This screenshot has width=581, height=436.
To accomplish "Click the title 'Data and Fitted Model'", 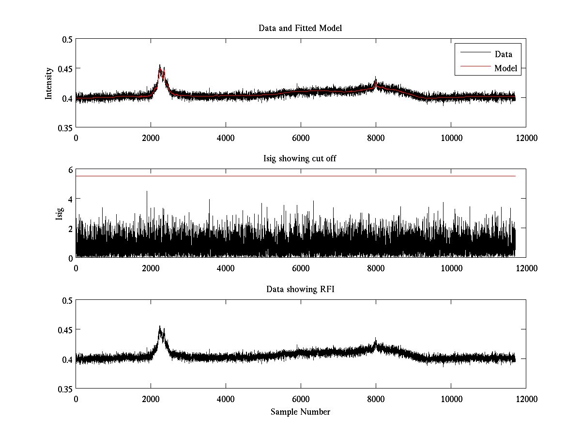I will (300, 28).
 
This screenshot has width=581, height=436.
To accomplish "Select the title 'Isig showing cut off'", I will (300, 159).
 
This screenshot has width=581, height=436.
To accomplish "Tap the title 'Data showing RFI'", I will (300, 289).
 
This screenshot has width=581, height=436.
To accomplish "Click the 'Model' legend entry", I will (505, 68).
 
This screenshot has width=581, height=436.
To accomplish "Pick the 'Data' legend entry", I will (503, 54).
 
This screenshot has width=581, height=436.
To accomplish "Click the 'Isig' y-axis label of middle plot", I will (59, 214).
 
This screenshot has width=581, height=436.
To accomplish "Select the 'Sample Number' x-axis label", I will (300, 412).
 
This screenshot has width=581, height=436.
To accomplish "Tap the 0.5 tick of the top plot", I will (67, 40).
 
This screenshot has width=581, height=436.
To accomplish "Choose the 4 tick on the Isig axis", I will (70, 199).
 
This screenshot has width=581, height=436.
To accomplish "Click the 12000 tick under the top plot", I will (526, 138).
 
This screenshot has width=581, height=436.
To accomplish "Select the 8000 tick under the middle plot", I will (376, 268).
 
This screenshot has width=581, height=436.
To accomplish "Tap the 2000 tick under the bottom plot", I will (151, 399).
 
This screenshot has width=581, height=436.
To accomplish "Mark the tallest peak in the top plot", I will (160, 65).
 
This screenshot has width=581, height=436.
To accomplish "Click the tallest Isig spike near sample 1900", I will (147, 191).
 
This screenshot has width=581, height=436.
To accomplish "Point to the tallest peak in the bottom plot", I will (160, 327).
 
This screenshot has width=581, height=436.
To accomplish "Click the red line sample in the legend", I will (474, 68).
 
